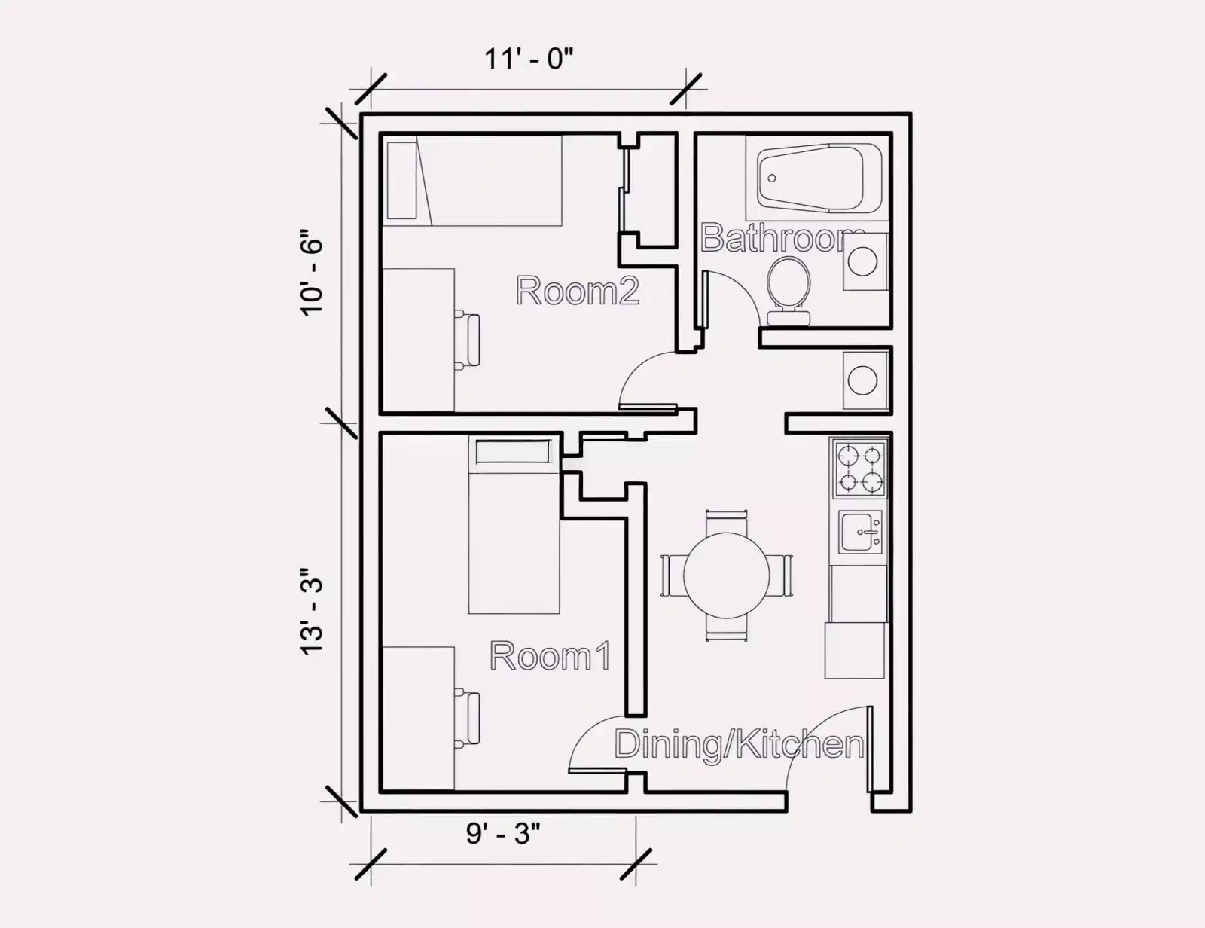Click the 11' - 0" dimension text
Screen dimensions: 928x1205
point(529,58)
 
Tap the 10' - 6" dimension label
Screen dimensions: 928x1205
point(312,272)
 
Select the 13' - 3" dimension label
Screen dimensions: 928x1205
point(312,611)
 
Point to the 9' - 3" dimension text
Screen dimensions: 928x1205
point(502,833)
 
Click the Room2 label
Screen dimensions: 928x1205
point(577,291)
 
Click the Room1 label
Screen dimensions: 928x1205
point(550,656)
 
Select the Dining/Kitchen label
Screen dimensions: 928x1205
point(739,744)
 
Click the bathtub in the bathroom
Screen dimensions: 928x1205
point(819,178)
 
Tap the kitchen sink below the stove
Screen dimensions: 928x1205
point(861,532)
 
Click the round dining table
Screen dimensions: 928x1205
point(726,575)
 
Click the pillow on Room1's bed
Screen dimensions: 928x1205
point(512,453)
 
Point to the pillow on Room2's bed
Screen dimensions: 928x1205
point(402,181)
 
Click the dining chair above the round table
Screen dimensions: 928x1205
point(726,520)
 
